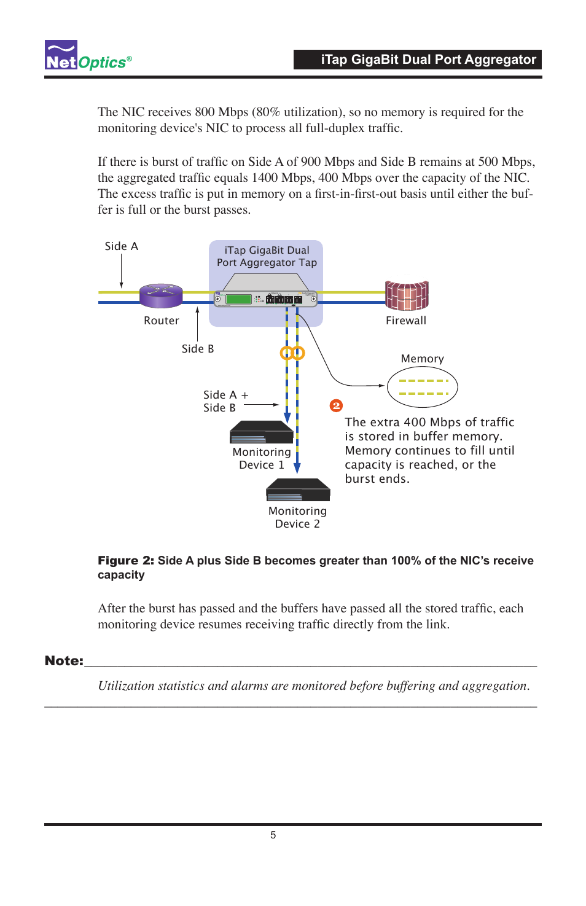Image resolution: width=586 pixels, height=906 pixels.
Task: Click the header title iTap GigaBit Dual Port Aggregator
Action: (x=428, y=60)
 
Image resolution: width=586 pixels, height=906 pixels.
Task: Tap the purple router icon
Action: (x=161, y=295)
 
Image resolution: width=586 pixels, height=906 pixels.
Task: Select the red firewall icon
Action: (x=406, y=295)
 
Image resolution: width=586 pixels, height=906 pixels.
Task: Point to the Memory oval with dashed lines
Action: (x=422, y=387)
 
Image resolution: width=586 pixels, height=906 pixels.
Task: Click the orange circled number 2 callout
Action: (x=336, y=406)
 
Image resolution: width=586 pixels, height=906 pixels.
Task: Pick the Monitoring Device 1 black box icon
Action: (x=261, y=432)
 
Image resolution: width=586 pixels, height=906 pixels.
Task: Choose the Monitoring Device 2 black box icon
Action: (x=298, y=490)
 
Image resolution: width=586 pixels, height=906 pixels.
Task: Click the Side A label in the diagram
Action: (x=122, y=246)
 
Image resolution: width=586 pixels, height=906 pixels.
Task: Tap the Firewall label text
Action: (x=406, y=321)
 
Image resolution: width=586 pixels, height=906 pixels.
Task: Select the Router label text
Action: (x=162, y=321)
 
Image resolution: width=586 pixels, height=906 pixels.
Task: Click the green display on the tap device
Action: (x=239, y=299)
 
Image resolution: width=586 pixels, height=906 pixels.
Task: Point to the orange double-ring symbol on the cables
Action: (x=292, y=353)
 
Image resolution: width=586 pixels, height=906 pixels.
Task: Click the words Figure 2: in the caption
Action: (x=126, y=561)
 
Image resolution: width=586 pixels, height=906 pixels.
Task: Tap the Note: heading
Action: (x=64, y=661)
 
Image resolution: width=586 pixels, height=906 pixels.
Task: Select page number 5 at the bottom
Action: (x=273, y=835)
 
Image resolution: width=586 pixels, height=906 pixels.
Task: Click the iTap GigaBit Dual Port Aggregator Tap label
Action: (x=267, y=256)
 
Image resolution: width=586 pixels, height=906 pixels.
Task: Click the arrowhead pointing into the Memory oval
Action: (x=381, y=386)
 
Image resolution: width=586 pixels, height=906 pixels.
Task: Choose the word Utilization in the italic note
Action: (x=126, y=686)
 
